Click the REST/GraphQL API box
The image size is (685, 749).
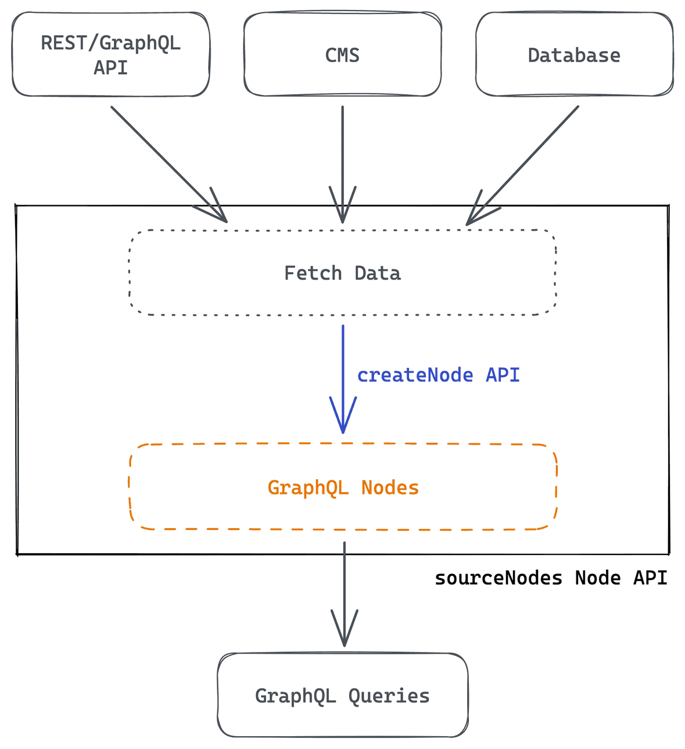pos(111,54)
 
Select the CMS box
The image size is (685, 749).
pos(343,54)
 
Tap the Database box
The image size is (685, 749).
pos(574,54)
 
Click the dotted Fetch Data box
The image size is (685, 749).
pos(343,273)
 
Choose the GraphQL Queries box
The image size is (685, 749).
pos(343,695)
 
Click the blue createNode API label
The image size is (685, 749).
pos(438,375)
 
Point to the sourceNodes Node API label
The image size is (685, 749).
pos(551,578)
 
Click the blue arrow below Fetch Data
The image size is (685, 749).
pos(343,379)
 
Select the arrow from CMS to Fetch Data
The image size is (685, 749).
pos(343,164)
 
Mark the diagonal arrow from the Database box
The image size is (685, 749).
pos(522,166)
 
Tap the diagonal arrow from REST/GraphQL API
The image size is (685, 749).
pos(169,164)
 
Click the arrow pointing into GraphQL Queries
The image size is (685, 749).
pos(345,594)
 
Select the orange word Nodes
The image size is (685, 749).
pos(390,488)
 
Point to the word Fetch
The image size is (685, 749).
pos(313,273)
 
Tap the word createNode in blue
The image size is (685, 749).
pos(415,375)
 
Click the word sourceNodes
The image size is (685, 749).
pos(498,578)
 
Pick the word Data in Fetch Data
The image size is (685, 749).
pos(378,273)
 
